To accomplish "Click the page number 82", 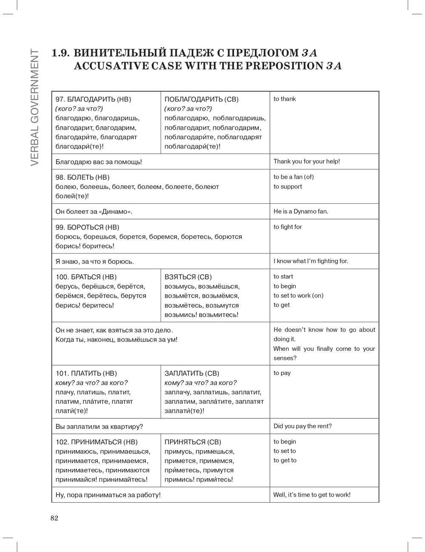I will (54, 518).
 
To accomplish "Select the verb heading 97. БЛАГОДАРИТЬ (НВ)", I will (93, 99).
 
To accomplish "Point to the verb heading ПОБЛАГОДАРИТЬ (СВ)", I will (201, 99).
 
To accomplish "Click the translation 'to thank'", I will (285, 99).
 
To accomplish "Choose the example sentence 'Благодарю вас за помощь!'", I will (99, 162).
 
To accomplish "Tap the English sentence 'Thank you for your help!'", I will (306, 161).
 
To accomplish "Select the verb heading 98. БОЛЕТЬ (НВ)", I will (82, 177).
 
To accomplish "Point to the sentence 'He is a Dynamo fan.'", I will (301, 211).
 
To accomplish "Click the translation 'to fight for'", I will (288, 227).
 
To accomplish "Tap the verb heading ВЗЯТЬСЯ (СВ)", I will (188, 277).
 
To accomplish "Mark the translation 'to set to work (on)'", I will (298, 296).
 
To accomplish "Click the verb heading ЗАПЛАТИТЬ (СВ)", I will (192, 374).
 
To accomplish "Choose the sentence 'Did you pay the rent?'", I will (303, 426).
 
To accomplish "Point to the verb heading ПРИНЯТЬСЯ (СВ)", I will (193, 442).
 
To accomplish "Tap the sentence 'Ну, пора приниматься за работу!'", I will (108, 495).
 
